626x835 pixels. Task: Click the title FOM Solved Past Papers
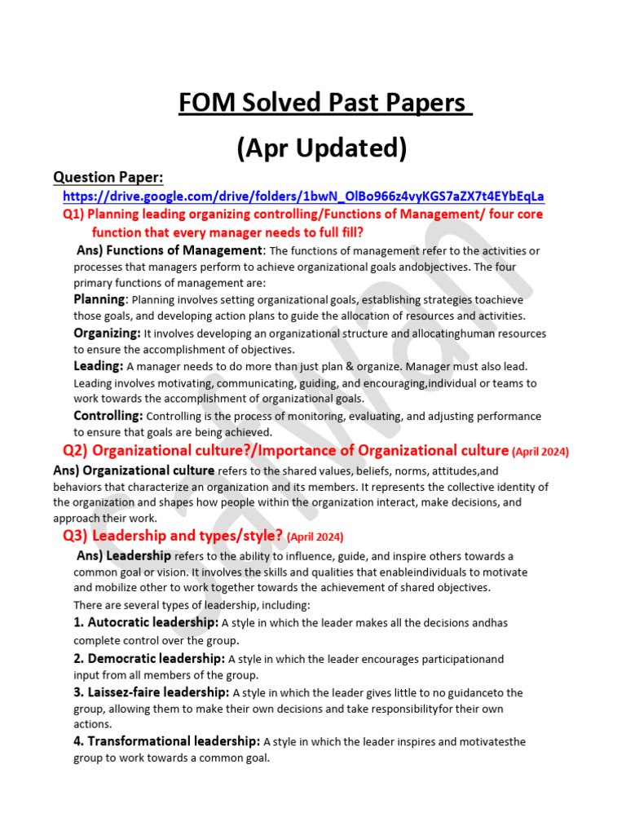click(x=325, y=104)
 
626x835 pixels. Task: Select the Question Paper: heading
click(x=108, y=178)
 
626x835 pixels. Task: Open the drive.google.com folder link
click(x=303, y=197)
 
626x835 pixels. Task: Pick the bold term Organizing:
click(x=107, y=333)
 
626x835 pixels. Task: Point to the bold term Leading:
click(x=99, y=366)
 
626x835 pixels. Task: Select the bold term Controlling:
click(x=108, y=416)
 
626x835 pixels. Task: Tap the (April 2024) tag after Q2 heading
click(x=540, y=452)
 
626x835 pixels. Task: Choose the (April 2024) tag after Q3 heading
click(x=315, y=537)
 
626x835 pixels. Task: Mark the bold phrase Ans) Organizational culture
click(x=134, y=471)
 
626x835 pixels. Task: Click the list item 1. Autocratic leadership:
click(x=146, y=622)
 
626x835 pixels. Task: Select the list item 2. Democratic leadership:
click(x=149, y=658)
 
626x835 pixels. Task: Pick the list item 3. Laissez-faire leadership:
click(x=151, y=692)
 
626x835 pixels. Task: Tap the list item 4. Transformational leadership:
click(x=167, y=741)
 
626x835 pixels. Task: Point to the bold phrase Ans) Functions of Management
click(x=170, y=250)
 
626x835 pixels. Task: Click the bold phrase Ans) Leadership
click(x=123, y=555)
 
